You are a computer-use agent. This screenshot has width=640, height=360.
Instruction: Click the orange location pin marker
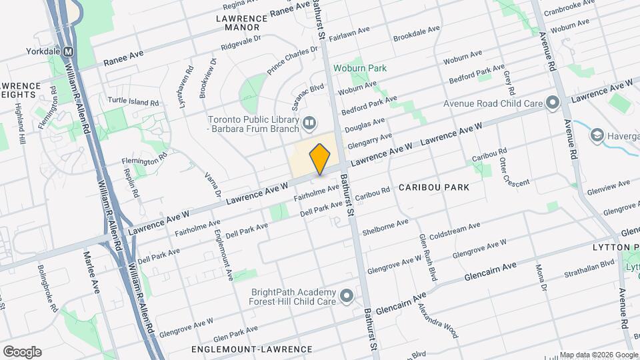(320, 159)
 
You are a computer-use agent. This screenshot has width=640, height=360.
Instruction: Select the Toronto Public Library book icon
(309, 122)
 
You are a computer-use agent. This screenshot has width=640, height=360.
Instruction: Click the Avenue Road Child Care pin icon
(552, 103)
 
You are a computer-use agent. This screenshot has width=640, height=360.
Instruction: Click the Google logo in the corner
(22, 352)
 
